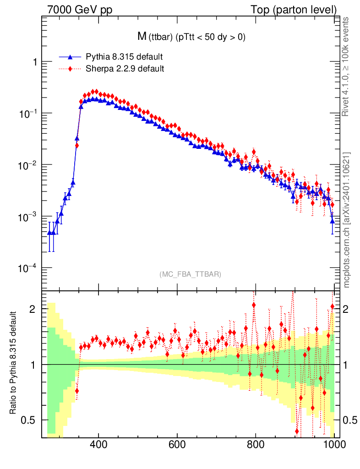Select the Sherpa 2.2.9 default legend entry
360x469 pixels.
(125, 69)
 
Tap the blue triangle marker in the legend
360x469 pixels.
(70, 57)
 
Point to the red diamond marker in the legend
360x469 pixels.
(70, 69)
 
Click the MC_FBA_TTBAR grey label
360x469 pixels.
(190, 274)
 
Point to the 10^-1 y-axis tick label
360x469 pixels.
(28, 114)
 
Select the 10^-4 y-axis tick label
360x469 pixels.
(28, 268)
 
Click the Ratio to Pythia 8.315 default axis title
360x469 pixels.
(13, 364)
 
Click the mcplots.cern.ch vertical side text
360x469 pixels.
(347, 220)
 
